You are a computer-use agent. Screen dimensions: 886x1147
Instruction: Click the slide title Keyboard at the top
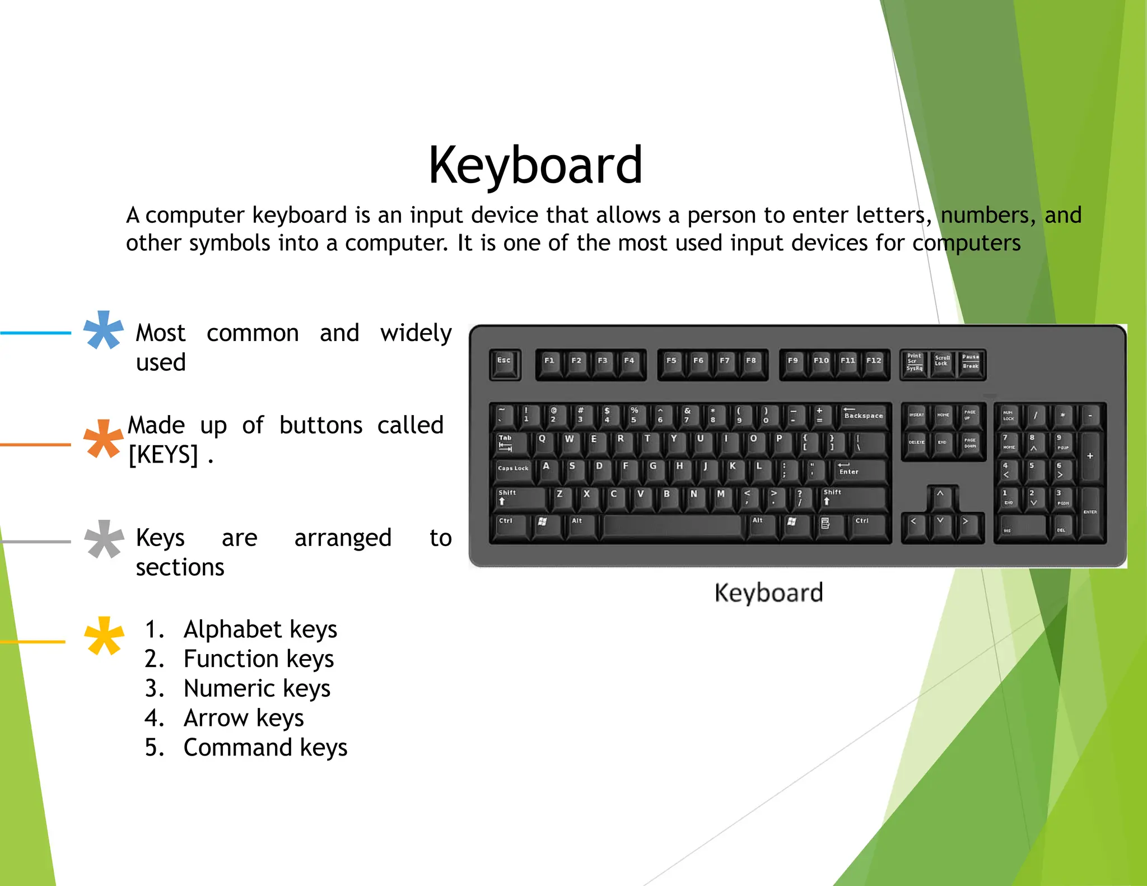[535, 165]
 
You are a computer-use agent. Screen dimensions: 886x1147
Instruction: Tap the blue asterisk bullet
[103, 330]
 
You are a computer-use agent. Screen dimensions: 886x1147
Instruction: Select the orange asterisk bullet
[103, 439]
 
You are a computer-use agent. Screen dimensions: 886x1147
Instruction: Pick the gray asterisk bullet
[104, 539]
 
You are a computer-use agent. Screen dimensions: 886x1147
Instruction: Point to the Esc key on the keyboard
[505, 364]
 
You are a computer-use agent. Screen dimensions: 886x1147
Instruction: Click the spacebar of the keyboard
[672, 526]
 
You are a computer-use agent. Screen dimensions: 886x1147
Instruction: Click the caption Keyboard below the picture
[768, 593]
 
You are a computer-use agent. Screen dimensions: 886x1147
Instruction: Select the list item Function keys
[258, 659]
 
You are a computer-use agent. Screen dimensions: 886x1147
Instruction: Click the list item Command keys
[265, 748]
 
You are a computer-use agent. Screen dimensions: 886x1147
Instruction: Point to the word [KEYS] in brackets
[163, 454]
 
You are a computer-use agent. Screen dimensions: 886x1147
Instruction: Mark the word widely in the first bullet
[416, 333]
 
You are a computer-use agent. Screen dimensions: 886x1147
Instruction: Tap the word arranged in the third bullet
[343, 538]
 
